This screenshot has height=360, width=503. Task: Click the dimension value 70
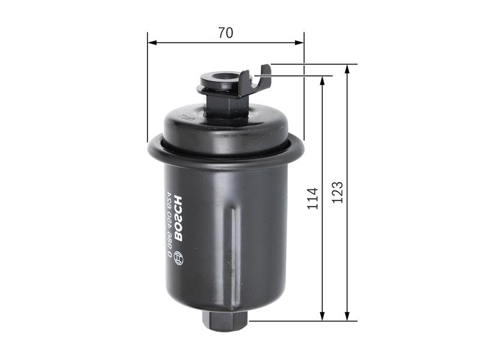[225, 33]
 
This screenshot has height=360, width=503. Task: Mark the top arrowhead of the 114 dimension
[323, 80]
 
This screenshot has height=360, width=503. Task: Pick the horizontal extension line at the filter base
[300, 321]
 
